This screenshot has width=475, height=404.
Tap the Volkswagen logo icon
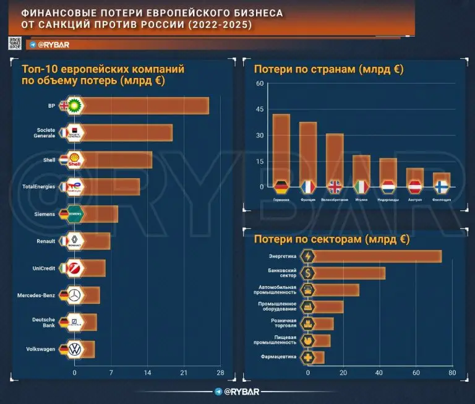[x=75, y=350]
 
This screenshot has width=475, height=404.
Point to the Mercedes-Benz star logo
[x=75, y=296]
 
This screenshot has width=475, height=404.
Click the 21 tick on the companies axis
[x=184, y=373]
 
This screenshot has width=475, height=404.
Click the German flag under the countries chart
[x=281, y=187]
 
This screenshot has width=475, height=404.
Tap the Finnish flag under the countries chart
[x=442, y=187]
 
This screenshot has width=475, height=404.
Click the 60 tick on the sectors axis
[x=416, y=373]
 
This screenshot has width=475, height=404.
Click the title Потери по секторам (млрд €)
[x=327, y=238]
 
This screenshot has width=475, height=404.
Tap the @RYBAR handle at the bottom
[x=237, y=392]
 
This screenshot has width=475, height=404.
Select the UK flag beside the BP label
[x=63, y=106]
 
